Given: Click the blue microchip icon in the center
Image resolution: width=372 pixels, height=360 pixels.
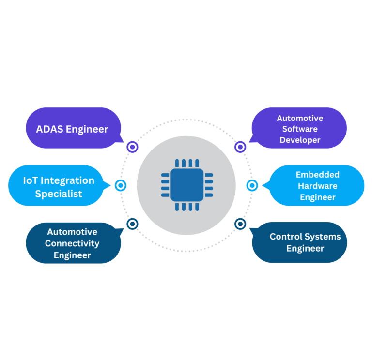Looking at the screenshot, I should click(x=186, y=185).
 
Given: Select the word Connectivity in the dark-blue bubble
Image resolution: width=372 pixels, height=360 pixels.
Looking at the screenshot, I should click(x=72, y=243).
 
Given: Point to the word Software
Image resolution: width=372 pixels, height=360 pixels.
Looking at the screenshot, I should click(x=300, y=129).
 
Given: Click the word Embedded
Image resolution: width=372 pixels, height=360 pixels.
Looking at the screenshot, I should click(x=317, y=175).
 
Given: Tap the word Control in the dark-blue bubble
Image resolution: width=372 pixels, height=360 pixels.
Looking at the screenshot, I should click(x=285, y=237).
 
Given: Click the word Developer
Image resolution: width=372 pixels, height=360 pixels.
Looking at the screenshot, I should click(x=300, y=140).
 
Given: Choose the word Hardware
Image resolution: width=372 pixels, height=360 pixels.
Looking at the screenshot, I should click(x=317, y=186).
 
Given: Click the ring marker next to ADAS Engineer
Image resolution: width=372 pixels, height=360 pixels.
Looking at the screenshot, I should click(x=132, y=147).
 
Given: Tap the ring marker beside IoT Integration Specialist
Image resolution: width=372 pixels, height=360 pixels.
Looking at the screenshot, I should click(x=121, y=185).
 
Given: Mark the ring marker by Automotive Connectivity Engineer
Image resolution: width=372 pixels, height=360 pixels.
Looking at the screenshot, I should click(x=132, y=224).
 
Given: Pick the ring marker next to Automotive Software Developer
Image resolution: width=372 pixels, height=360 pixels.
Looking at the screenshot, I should click(x=240, y=147).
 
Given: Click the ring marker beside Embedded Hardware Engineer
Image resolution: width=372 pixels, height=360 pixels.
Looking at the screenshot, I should click(x=252, y=185).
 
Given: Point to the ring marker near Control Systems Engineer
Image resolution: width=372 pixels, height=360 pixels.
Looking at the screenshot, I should click(x=240, y=224).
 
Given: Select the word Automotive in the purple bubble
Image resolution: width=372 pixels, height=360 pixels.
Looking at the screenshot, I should click(x=300, y=118).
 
